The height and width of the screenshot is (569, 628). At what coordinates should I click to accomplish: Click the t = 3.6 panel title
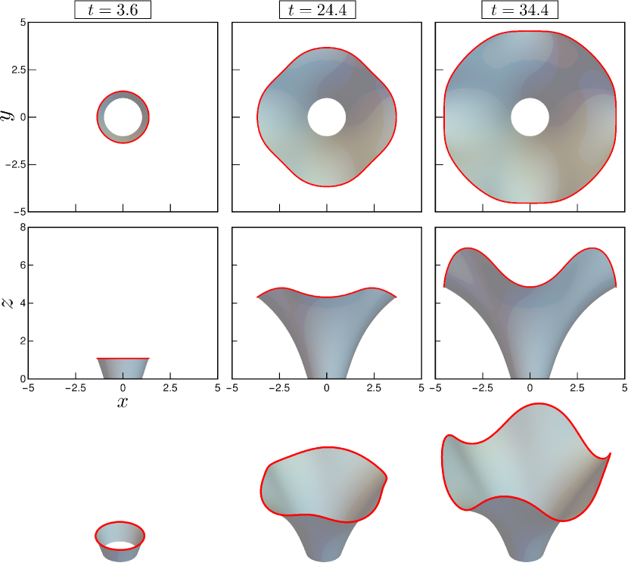click(113, 10)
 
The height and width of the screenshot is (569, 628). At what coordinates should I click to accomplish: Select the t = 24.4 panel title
click(317, 10)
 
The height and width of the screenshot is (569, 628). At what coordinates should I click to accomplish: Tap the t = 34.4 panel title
click(520, 10)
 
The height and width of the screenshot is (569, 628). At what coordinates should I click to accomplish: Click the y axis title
click(8, 115)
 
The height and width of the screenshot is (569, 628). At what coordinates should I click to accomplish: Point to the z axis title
click(8, 303)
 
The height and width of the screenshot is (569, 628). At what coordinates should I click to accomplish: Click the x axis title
click(123, 402)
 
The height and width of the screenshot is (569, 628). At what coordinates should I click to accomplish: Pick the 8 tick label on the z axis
click(23, 228)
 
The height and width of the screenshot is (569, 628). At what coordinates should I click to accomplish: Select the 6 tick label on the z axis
click(23, 265)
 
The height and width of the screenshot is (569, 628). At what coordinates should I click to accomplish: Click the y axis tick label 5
click(23, 23)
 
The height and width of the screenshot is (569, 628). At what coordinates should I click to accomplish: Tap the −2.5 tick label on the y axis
click(16, 164)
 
